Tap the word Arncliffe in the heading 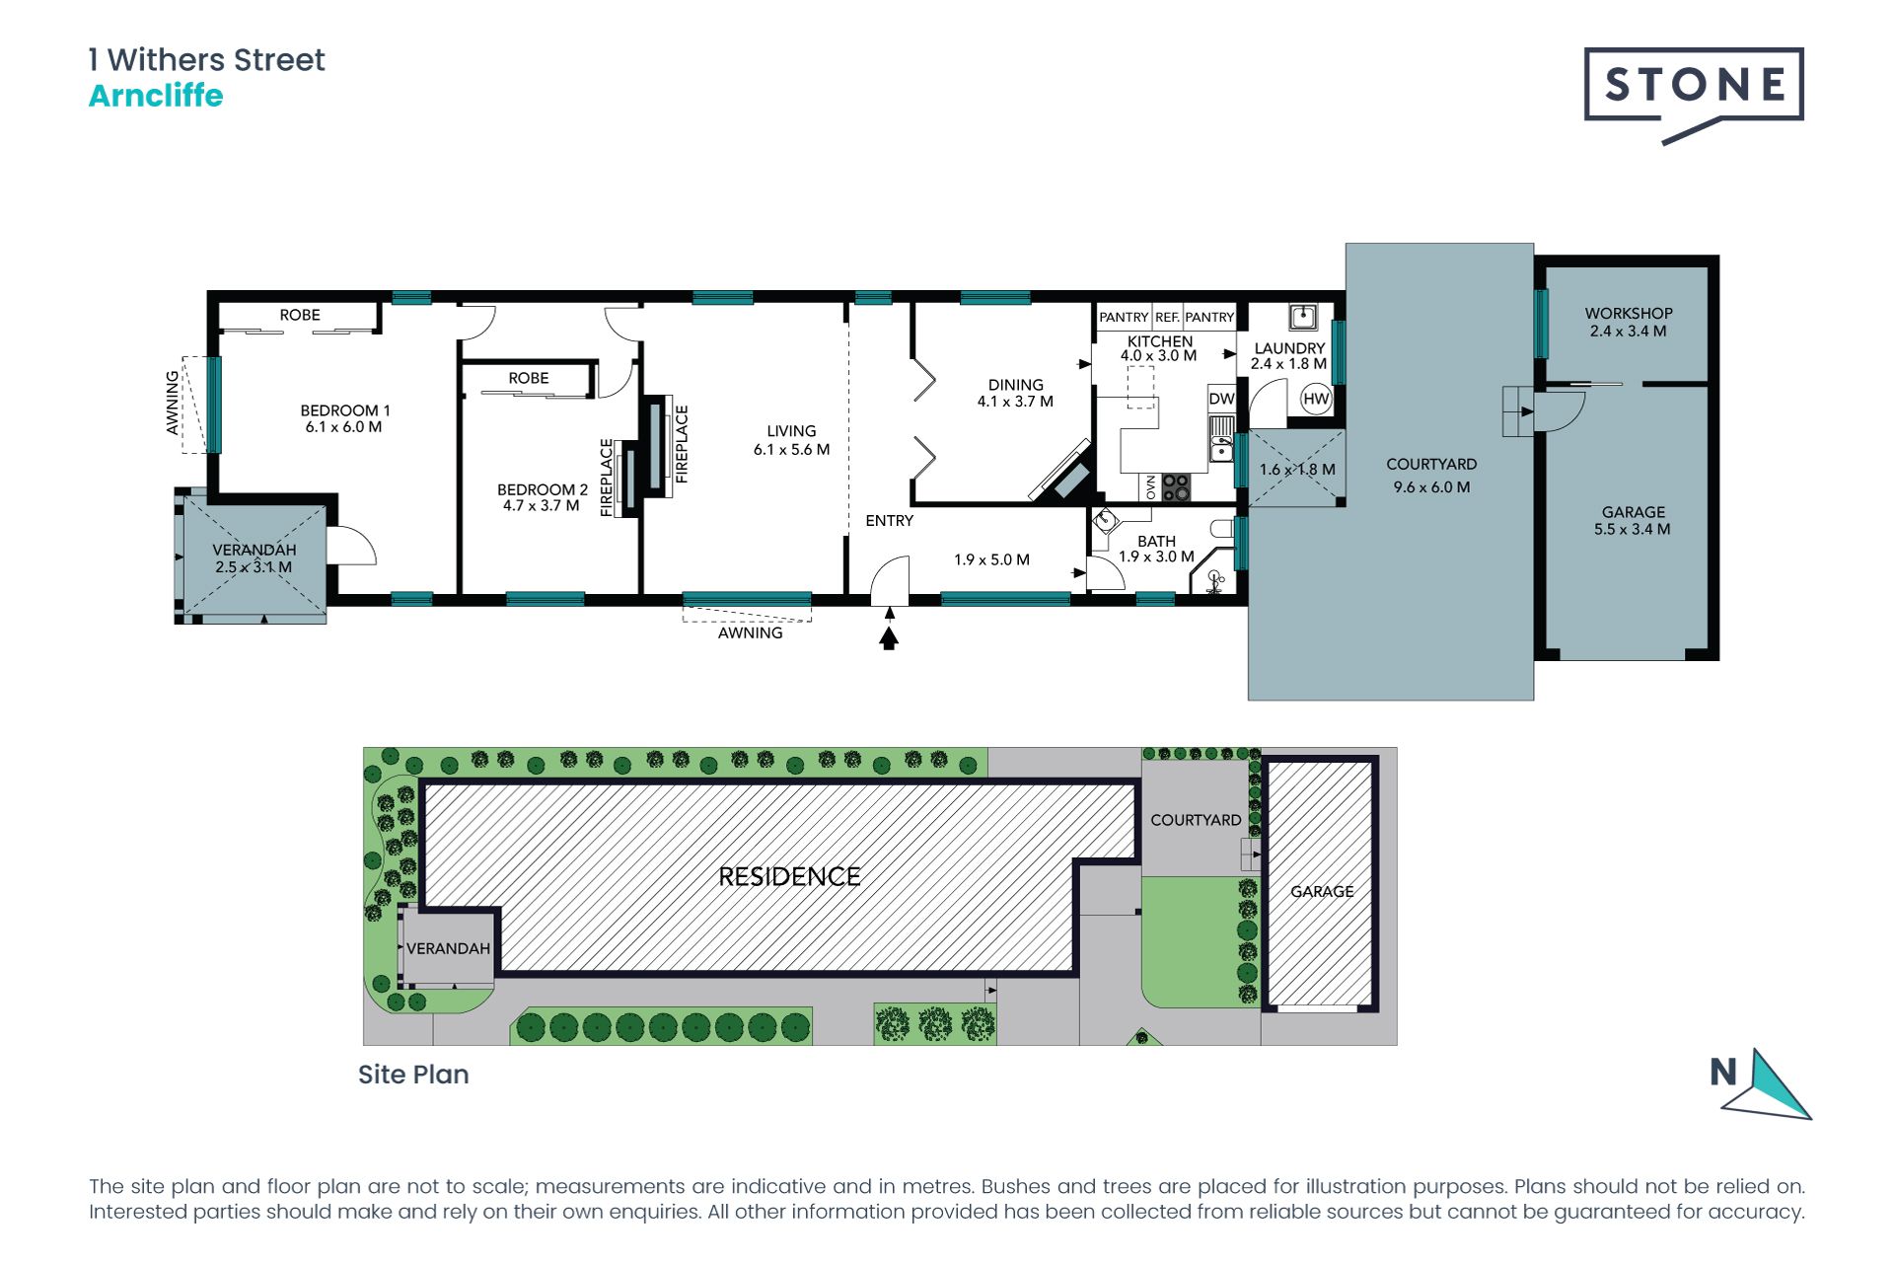(x=156, y=96)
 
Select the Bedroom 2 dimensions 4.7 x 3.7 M (x=541, y=506)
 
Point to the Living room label (x=791, y=431)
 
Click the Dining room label (x=1015, y=385)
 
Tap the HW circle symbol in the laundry (x=1316, y=399)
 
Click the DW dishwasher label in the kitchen (x=1221, y=399)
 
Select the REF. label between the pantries (x=1167, y=318)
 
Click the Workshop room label (x=1629, y=313)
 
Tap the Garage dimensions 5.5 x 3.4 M (x=1633, y=529)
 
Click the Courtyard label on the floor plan (x=1431, y=464)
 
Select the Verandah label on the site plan (x=448, y=948)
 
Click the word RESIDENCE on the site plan (x=789, y=876)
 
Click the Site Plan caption (x=413, y=1075)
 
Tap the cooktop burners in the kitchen (x=1176, y=487)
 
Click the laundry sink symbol (x=1303, y=317)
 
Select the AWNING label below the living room (x=750, y=632)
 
